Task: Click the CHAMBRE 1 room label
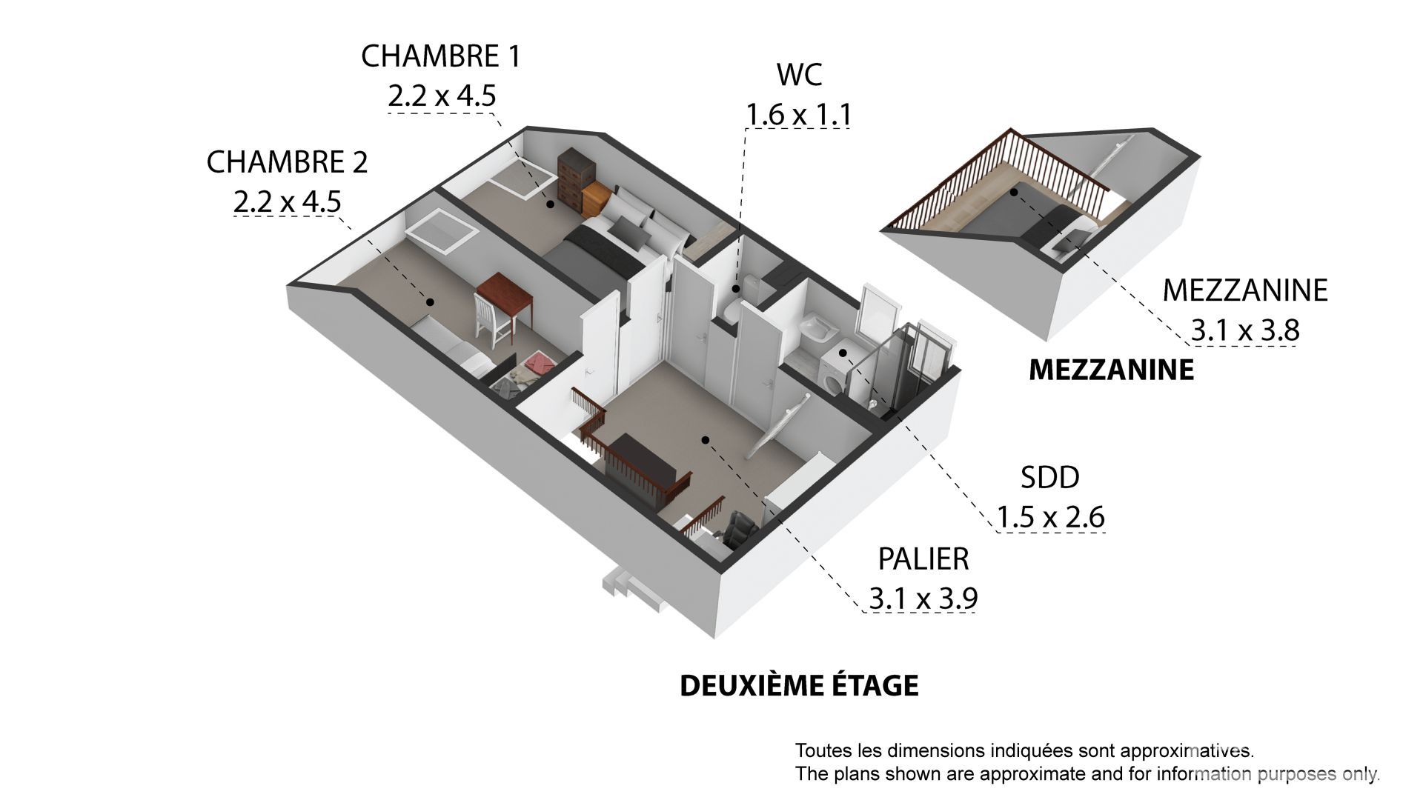point(440,56)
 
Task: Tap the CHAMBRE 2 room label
point(287,162)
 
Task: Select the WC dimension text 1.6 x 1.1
point(798,115)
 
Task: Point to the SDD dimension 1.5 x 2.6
point(1050,516)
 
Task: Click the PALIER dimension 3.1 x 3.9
point(923,598)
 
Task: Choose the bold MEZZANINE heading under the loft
point(1112,370)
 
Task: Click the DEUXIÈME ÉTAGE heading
point(799,685)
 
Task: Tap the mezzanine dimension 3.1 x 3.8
point(1245,330)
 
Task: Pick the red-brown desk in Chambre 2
point(505,299)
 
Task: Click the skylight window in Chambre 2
point(442,231)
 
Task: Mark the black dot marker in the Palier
point(706,440)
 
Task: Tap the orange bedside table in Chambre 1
point(597,199)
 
